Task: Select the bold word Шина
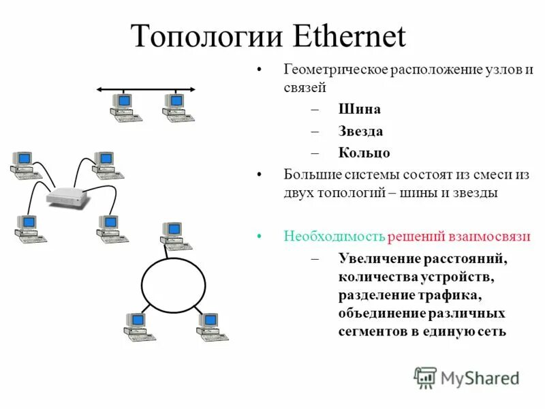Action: tap(359, 109)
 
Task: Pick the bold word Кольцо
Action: tap(364, 153)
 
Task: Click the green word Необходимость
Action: tap(334, 237)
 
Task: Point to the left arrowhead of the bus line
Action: tap(99, 89)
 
